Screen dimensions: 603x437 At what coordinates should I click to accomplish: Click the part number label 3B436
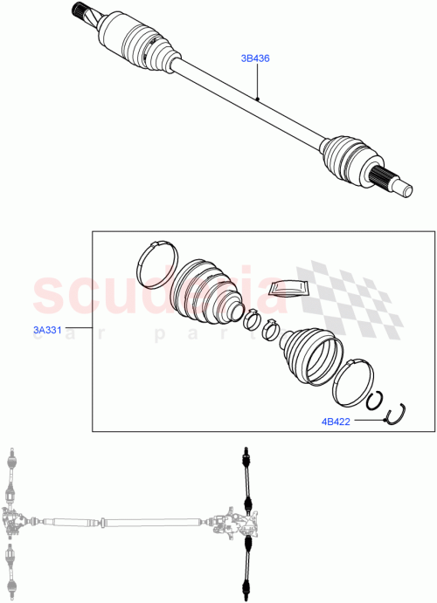coord(255,59)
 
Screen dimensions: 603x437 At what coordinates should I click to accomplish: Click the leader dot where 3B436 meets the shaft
coord(259,99)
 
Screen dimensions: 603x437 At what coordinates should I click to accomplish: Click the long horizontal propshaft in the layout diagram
coord(122,522)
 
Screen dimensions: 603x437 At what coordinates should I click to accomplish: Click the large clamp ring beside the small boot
coord(353,384)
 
